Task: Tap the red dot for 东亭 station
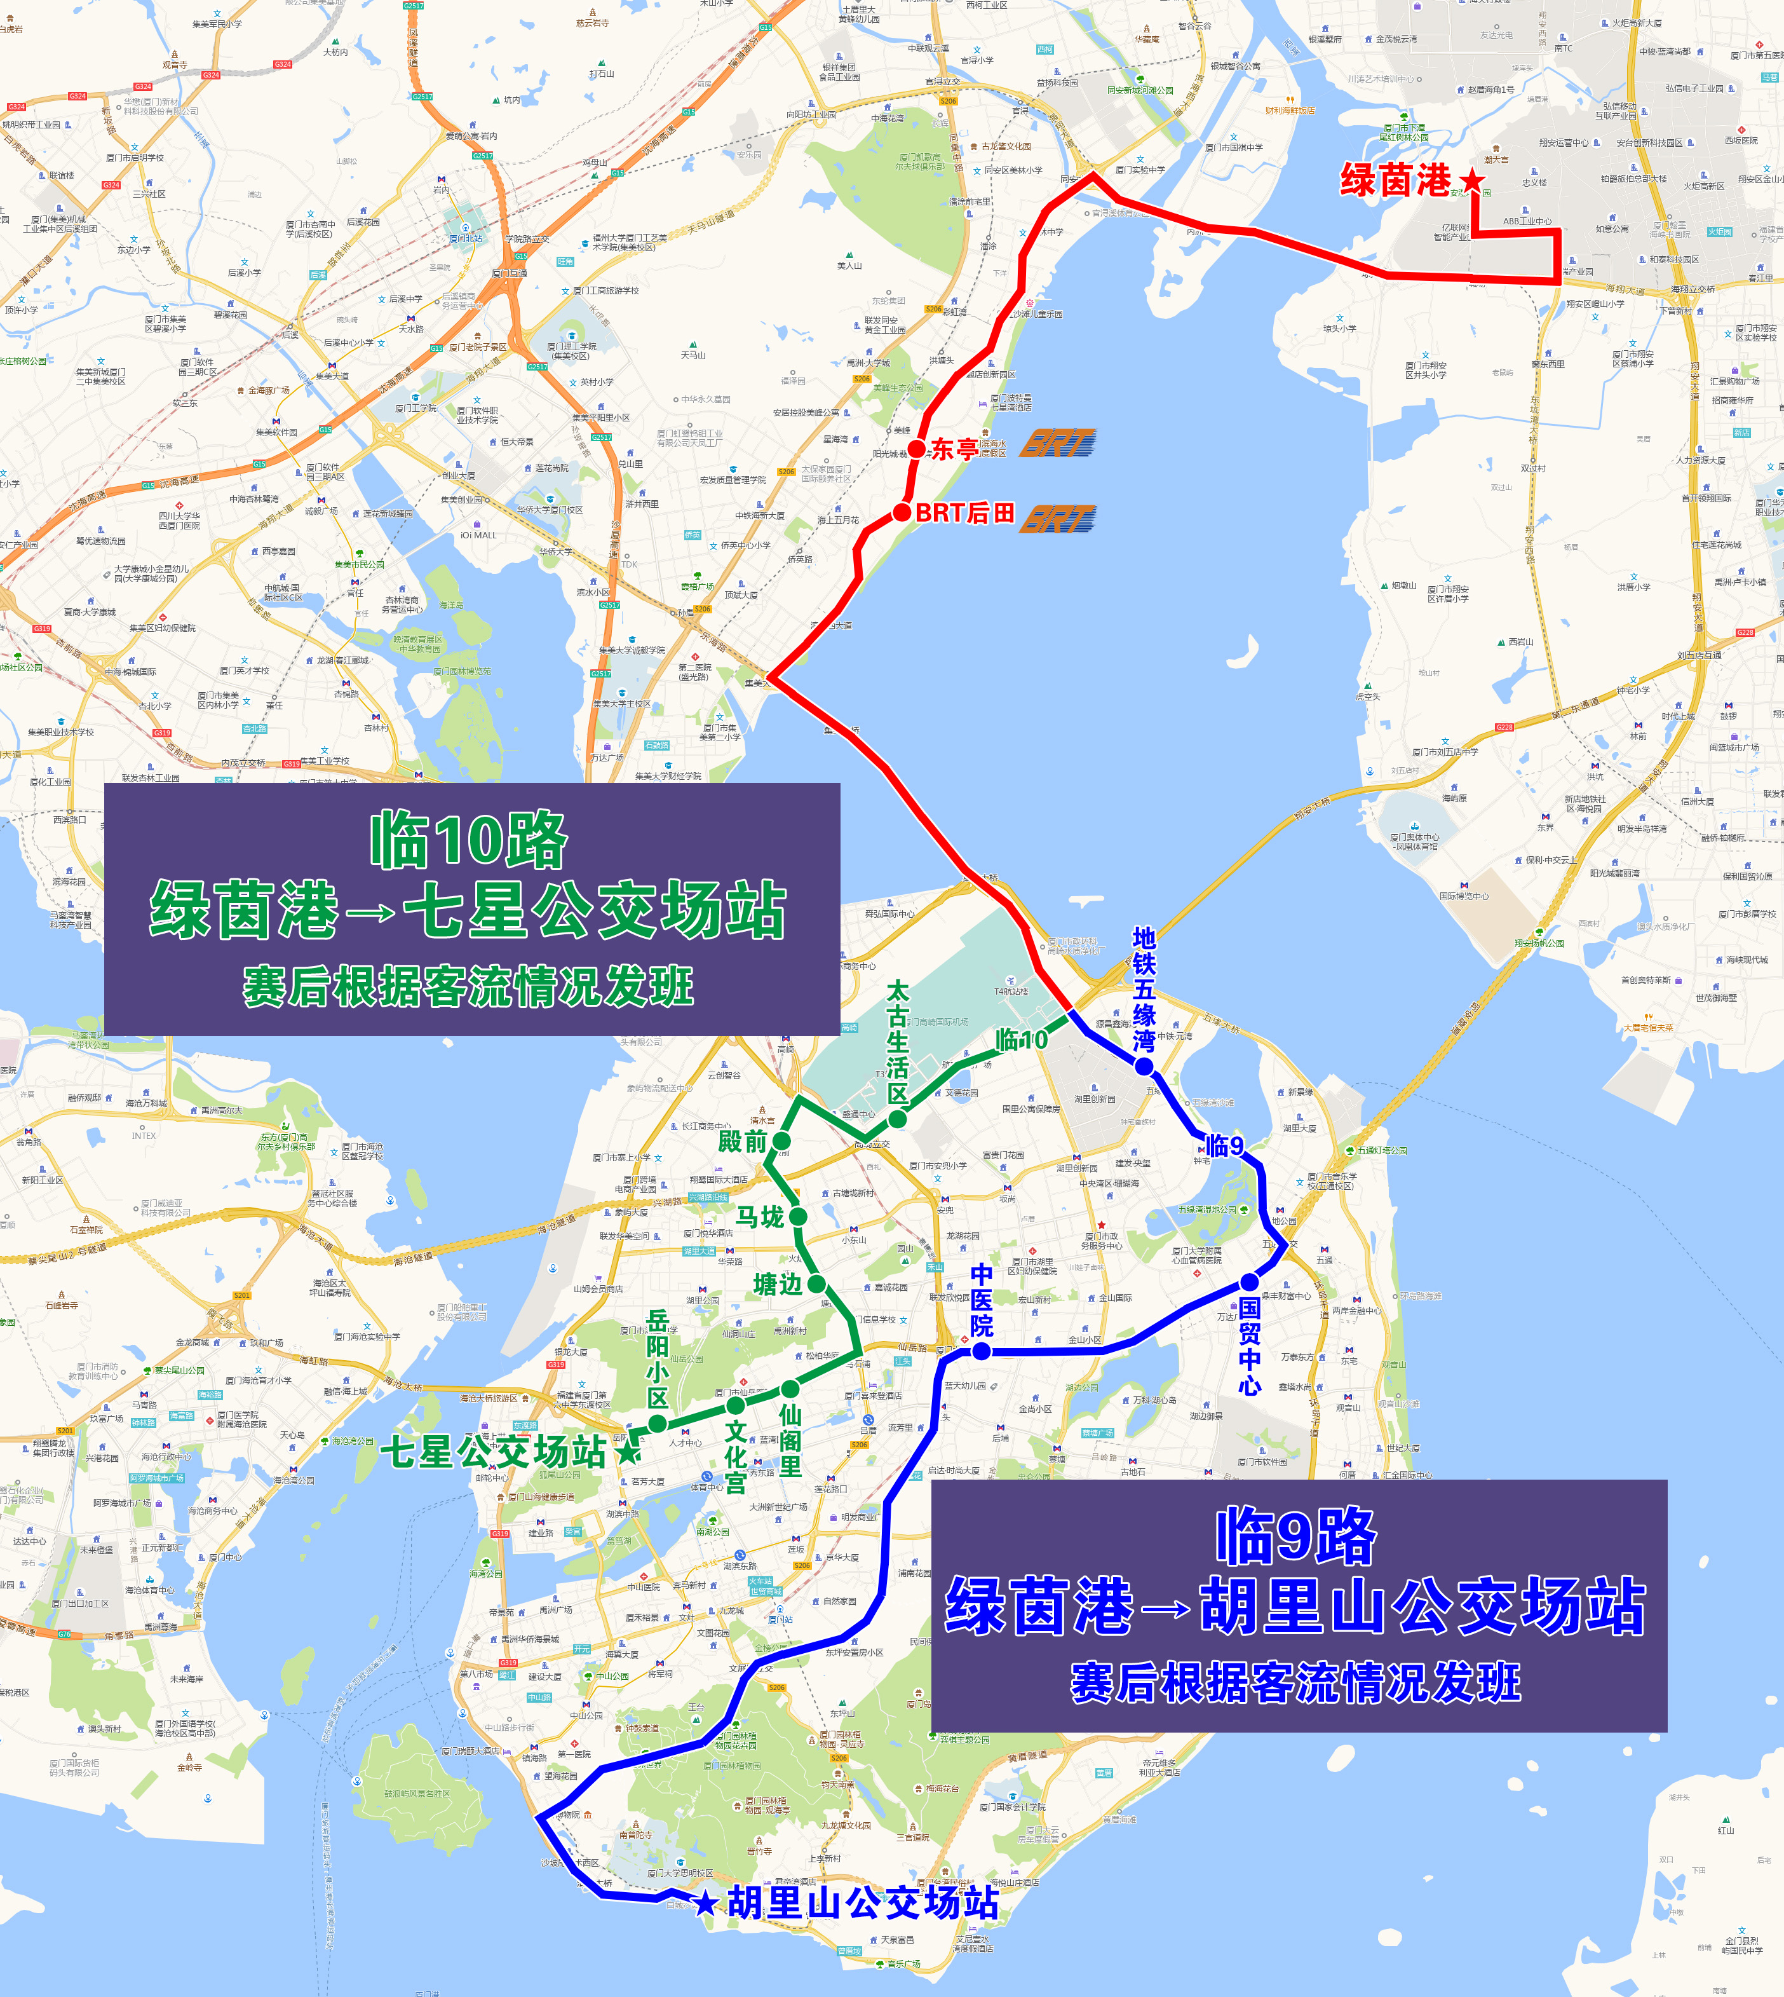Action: point(917,449)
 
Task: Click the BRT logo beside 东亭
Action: point(1058,444)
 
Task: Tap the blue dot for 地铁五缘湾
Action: point(1144,1066)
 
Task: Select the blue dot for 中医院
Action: point(981,1352)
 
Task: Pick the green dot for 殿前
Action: point(781,1141)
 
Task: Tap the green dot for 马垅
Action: point(798,1217)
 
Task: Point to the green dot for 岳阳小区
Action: point(658,1424)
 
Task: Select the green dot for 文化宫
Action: point(735,1406)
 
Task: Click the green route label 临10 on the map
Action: point(1022,1039)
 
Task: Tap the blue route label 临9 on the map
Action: point(1224,1145)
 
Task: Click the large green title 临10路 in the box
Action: point(468,840)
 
